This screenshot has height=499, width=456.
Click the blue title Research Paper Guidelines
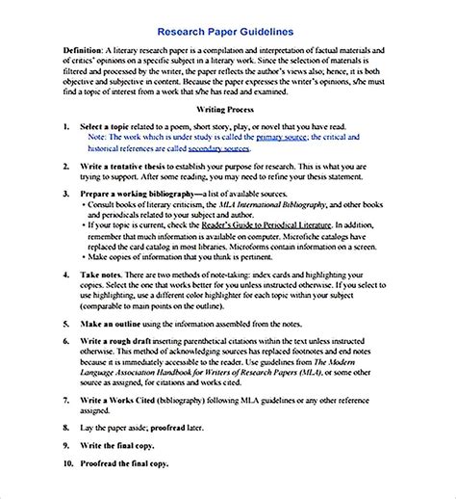(x=229, y=31)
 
